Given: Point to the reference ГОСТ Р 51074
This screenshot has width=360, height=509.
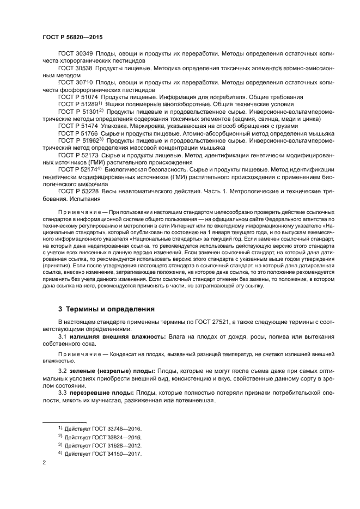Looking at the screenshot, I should tap(78, 96).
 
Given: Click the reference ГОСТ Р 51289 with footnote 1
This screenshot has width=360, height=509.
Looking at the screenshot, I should tap(78, 103).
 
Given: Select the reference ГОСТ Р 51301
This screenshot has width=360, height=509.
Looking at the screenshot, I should tap(78, 111).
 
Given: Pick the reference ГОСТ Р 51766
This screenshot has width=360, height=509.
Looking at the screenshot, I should tap(78, 132).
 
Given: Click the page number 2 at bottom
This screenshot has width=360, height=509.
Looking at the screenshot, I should tap(44, 462).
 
